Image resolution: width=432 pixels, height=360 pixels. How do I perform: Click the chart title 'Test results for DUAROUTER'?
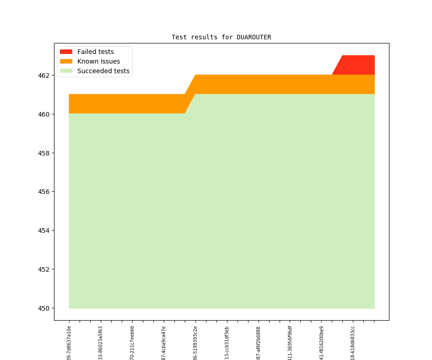coord(221,37)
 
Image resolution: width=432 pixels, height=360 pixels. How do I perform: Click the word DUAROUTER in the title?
coord(254,37)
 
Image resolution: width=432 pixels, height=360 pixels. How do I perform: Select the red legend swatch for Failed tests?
coord(66,52)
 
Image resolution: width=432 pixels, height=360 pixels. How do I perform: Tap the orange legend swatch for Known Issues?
coord(66,61)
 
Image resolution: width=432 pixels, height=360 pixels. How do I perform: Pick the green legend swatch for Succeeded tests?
coord(66,71)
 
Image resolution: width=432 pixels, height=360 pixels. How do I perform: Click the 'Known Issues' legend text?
coord(98,61)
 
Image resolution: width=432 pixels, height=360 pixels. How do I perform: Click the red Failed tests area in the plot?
coord(358,65)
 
